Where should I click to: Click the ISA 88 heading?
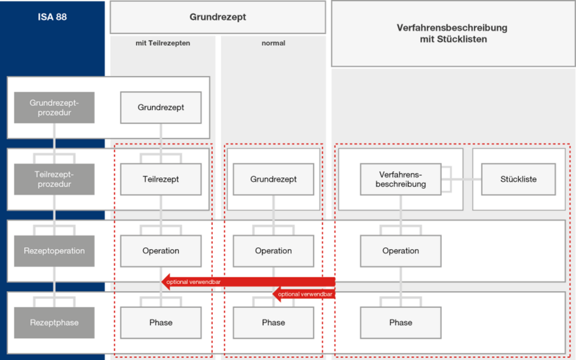coord(52,17)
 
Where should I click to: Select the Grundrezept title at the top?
coord(218,17)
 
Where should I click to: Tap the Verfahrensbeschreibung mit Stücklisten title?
coord(452,33)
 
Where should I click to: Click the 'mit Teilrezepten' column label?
coord(163,43)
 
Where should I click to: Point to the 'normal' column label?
coord(273,43)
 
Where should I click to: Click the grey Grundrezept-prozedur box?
coord(54,108)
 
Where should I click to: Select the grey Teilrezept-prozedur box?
coord(54,179)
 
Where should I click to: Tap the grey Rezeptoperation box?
coord(54,251)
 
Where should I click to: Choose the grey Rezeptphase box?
coord(54,323)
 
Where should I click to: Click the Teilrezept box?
coord(161,179)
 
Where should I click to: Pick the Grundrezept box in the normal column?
coord(273,179)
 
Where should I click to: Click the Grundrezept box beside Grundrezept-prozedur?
coord(161,108)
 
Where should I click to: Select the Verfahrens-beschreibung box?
coord(401,179)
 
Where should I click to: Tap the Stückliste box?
coord(518,179)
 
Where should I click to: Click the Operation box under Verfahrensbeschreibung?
coord(401,251)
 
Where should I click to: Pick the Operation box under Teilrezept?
coord(161,251)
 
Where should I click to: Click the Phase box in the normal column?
coord(273,323)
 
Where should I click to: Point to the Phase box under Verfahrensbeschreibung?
coord(401,323)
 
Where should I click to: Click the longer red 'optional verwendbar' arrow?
coord(248,282)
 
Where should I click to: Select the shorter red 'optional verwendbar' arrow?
coord(304,294)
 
